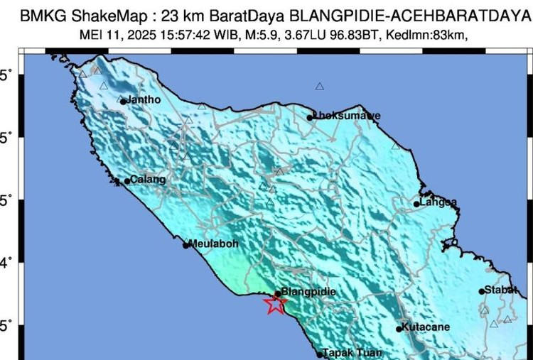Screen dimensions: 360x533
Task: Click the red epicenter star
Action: click(x=275, y=304)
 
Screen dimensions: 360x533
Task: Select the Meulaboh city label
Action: click(x=214, y=244)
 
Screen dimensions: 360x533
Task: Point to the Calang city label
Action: click(x=149, y=180)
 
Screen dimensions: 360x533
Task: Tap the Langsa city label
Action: click(x=438, y=202)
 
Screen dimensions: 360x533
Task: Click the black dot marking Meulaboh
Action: click(x=186, y=246)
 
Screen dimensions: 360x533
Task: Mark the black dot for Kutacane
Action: click(x=399, y=329)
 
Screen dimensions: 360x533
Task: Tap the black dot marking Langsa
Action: click(x=417, y=204)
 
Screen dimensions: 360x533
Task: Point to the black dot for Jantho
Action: click(x=123, y=102)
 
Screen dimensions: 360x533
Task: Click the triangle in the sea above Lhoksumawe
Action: click(x=320, y=87)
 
